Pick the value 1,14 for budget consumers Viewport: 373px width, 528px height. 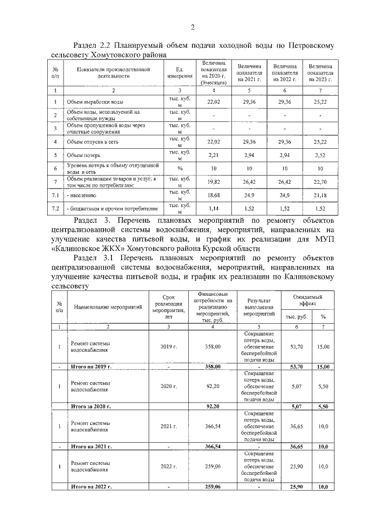tap(214, 207)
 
